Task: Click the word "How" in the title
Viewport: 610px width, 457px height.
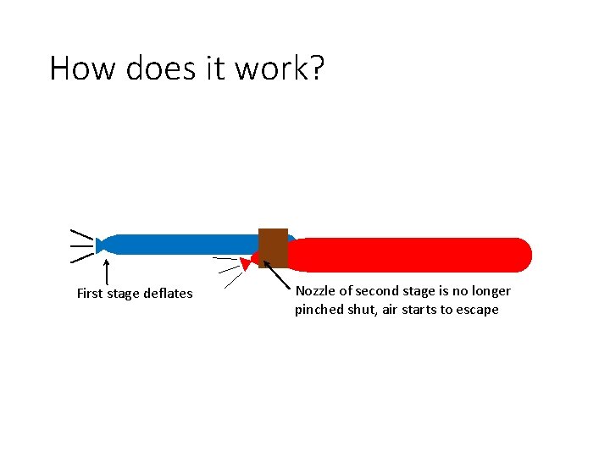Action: click(x=83, y=68)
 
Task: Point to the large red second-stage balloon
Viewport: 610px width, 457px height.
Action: click(x=415, y=255)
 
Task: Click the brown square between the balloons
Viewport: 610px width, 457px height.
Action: click(x=273, y=247)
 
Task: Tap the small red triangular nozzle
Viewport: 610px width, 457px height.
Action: click(x=246, y=264)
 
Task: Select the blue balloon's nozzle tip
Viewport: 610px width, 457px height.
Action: click(x=100, y=245)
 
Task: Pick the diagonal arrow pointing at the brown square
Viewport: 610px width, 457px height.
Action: click(x=277, y=275)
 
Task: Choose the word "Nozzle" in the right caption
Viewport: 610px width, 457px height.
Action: click(x=315, y=291)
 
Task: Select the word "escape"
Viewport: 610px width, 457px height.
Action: click(x=478, y=310)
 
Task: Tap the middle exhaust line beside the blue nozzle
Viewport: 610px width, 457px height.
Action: click(x=81, y=246)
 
